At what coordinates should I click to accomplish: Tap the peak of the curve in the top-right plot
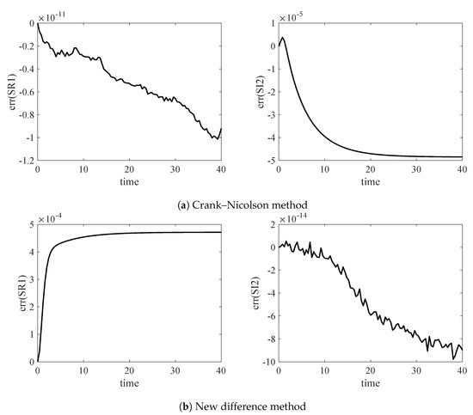tap(283, 38)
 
